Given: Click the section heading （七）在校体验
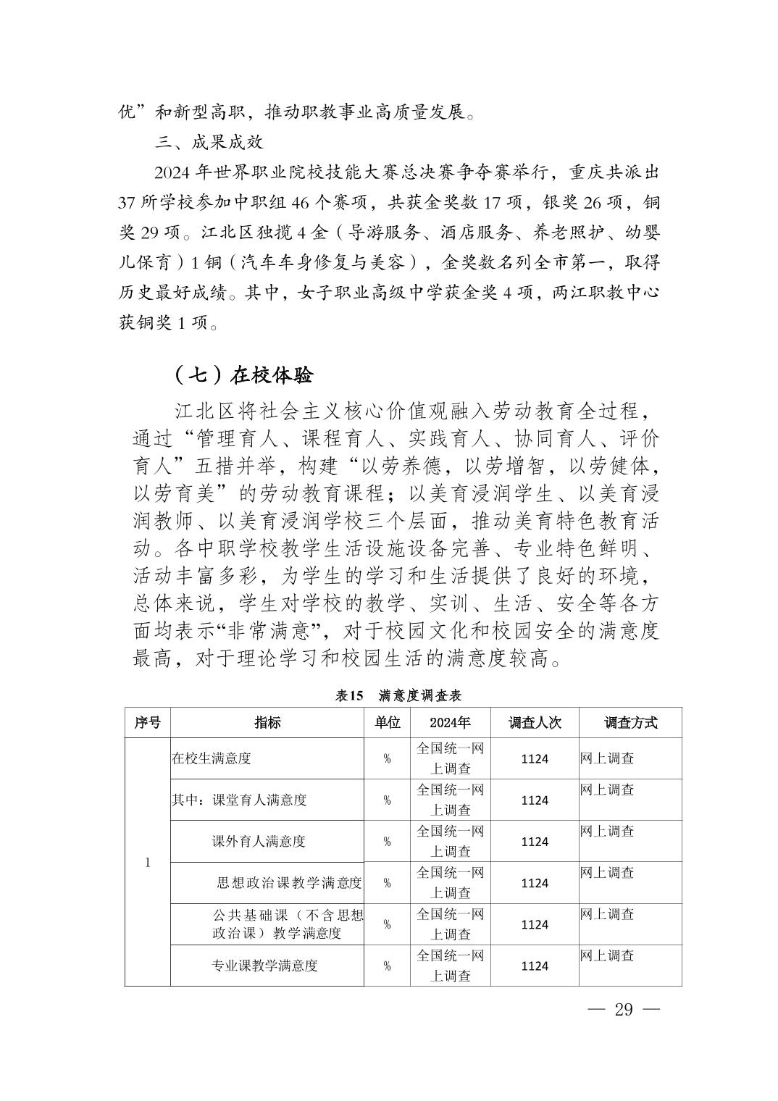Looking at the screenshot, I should coord(243,375).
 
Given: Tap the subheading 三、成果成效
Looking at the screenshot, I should coord(209,143).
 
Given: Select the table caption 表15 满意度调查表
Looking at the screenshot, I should coord(398,695).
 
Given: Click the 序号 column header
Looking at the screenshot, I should coord(148,722).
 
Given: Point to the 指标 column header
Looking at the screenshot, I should coord(267,722).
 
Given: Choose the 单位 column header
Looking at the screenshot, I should coord(387,722).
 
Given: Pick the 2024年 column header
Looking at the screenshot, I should coord(450,722).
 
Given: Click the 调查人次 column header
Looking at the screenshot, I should coord(535,722).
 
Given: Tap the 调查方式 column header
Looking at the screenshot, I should coord(630,722).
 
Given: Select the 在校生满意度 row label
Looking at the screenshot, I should coord(212,758).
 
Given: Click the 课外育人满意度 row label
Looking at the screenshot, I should coord(259,841).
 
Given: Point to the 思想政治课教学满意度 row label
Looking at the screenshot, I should coord(289,882).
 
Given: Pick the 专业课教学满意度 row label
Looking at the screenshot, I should coord(264,966).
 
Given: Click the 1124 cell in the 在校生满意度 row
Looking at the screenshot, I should coord(535,758).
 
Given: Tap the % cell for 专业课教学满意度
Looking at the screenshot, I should coord(387,966).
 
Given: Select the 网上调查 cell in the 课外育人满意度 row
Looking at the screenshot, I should coord(607,831).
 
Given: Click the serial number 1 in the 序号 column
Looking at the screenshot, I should coord(148,862).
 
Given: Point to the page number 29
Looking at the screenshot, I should coord(623,1010).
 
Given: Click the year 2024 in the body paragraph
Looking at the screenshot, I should coord(171,174).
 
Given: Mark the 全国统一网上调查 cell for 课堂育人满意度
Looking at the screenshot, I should coord(450,800).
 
